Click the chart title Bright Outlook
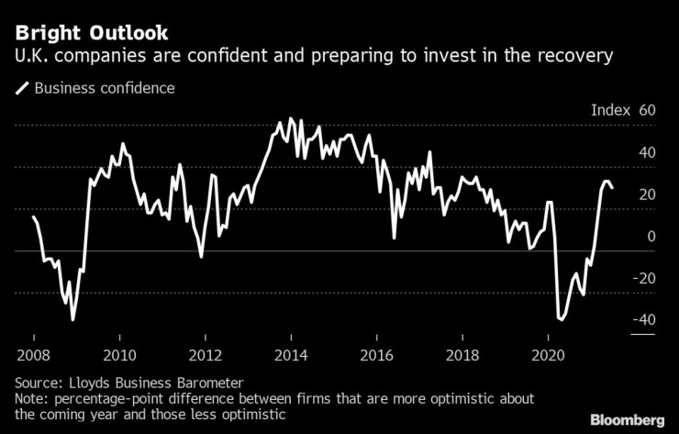[91, 34]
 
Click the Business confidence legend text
[104, 89]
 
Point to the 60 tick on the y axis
[647, 110]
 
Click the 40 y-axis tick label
[647, 152]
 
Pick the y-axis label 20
[647, 195]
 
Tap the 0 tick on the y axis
[651, 236]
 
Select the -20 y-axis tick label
[644, 278]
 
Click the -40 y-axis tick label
[644, 320]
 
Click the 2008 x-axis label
[33, 355]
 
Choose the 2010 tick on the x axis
[119, 355]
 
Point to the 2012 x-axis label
[205, 355]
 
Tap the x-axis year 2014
[291, 355]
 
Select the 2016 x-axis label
[376, 355]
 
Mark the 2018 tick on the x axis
[462, 355]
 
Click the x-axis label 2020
[548, 355]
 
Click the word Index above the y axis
[610, 110]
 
